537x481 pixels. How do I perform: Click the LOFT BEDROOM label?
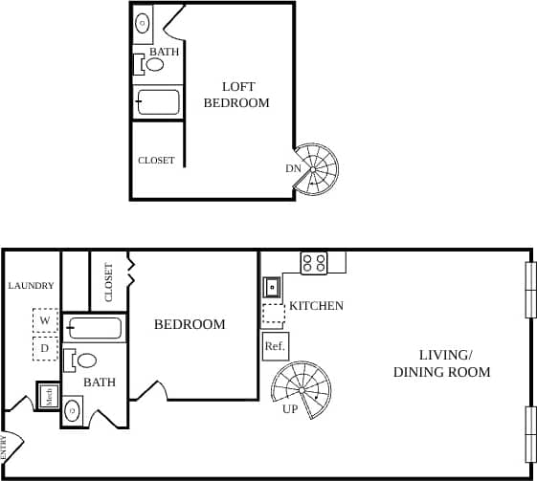[x=236, y=95]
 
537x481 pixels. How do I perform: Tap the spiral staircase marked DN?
[x=316, y=169]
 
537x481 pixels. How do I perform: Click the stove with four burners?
[x=314, y=263]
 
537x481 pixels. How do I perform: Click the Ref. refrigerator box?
[x=275, y=346]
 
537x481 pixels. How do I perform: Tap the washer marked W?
[x=45, y=320]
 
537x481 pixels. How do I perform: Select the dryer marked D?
[x=45, y=349]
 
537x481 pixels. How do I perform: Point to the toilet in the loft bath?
[x=150, y=65]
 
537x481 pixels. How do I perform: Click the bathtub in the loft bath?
[x=158, y=102]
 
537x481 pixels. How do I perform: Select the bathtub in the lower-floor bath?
[x=95, y=329]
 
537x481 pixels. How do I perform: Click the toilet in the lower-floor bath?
[x=81, y=361]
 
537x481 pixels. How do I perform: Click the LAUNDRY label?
[x=31, y=286]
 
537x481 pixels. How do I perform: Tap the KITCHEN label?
[x=316, y=306]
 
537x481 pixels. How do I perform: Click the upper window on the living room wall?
[x=529, y=289]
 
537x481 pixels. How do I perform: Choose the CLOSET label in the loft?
[x=156, y=161]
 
